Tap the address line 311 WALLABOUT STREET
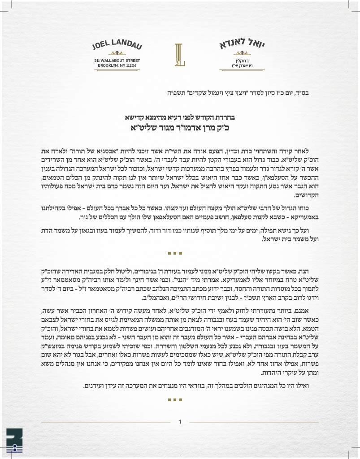click(117, 60)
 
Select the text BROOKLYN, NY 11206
click(117, 65)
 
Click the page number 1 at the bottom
click(180, 421)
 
